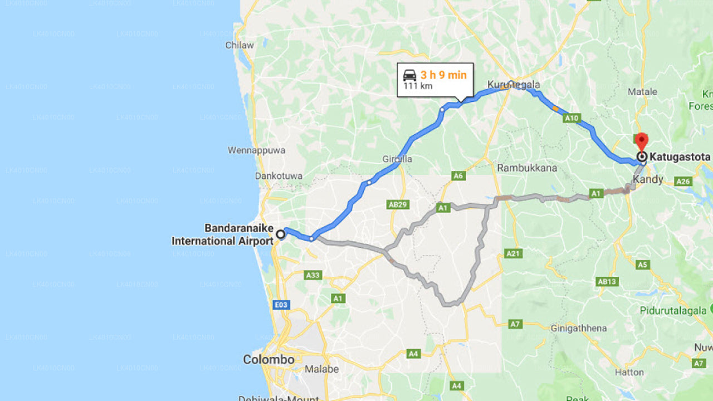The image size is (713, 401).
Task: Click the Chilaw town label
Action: click(240, 45)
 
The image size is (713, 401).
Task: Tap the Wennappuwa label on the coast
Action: click(256, 150)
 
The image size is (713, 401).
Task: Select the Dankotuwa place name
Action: click(279, 176)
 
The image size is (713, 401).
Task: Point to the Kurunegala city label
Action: click(514, 85)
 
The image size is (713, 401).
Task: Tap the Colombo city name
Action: click(268, 360)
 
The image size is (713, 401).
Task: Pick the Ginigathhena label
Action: click(578, 328)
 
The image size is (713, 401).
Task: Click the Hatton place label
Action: click(629, 372)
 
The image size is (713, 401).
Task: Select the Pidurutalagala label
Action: click(673, 311)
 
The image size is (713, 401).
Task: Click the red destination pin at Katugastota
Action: click(641, 141)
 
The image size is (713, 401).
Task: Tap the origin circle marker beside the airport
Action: click(281, 234)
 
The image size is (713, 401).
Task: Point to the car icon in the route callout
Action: click(409, 75)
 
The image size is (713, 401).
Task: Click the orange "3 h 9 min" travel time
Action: click(443, 75)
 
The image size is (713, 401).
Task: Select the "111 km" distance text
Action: click(418, 86)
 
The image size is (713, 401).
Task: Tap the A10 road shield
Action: click(572, 118)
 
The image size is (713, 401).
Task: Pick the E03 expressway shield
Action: click(281, 305)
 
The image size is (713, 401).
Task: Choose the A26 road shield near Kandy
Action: click(682, 181)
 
